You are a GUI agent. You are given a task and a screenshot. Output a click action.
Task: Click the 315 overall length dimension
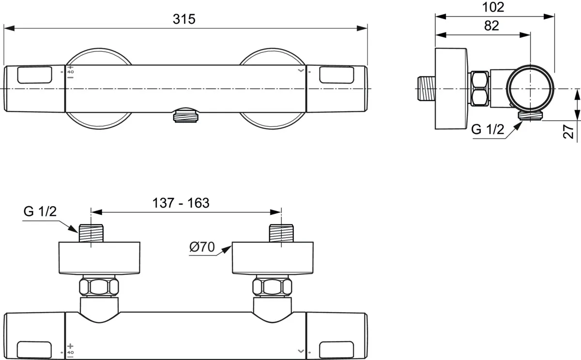(x=184, y=19)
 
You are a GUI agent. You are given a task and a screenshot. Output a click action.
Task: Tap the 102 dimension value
(x=493, y=7)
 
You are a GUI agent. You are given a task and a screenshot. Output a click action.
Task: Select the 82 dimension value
(x=491, y=26)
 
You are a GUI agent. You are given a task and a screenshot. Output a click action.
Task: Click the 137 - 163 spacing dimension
(x=181, y=203)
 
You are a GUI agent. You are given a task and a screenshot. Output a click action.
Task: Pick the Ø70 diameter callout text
(x=202, y=247)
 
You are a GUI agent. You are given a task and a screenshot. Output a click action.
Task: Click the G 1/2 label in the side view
(x=488, y=129)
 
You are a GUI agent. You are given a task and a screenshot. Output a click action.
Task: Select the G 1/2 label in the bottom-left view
(x=40, y=211)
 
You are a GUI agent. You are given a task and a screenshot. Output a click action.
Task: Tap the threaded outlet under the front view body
(x=185, y=115)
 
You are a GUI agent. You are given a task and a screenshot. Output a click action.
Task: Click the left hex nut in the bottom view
(x=99, y=286)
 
